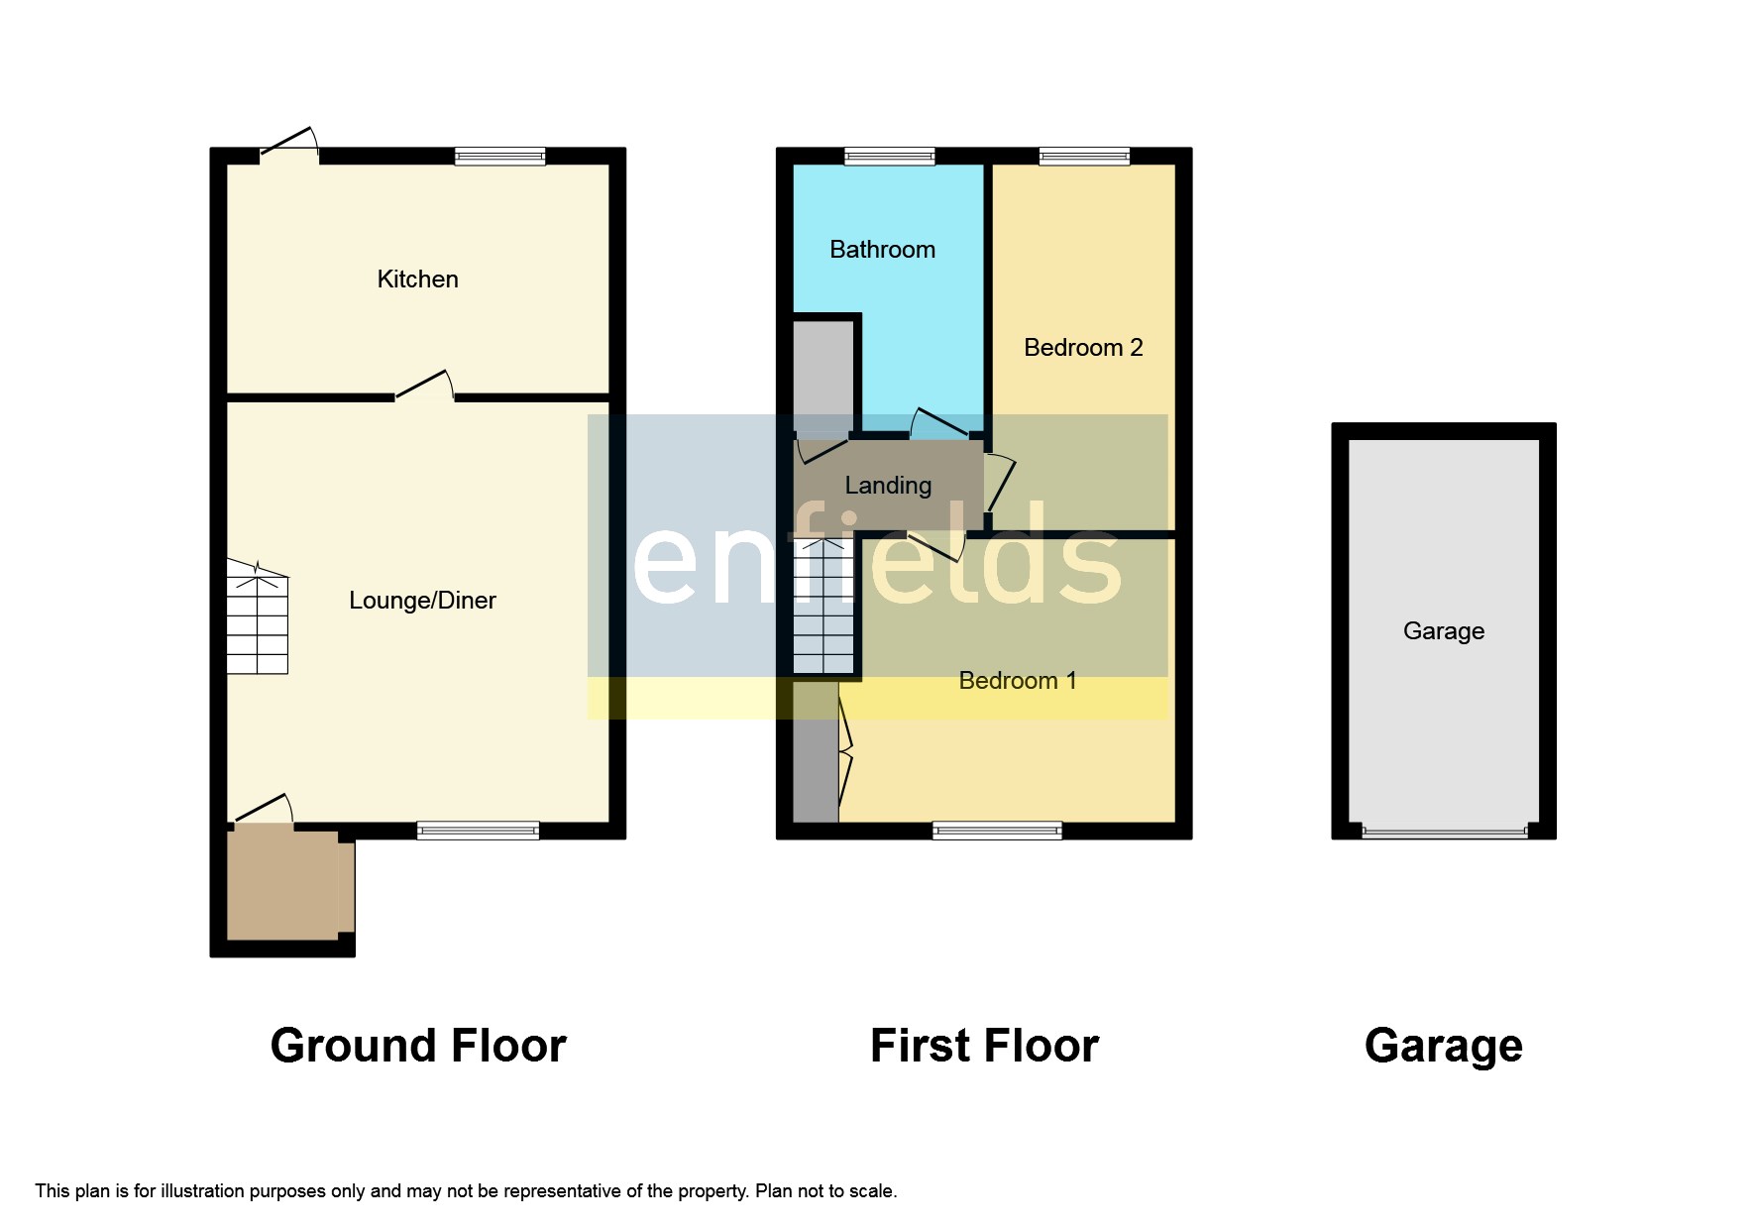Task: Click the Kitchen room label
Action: click(x=417, y=279)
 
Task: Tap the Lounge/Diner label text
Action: click(x=422, y=601)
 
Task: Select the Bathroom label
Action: click(x=882, y=250)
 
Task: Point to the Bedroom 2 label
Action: click(x=1083, y=348)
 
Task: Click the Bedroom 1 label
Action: click(x=1018, y=681)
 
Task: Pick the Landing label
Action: click(x=888, y=486)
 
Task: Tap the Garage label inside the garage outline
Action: click(x=1443, y=631)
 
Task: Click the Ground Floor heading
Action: click(x=418, y=1047)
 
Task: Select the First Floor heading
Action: click(x=984, y=1047)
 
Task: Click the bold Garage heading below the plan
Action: click(x=1443, y=1047)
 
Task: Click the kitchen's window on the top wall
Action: click(x=499, y=156)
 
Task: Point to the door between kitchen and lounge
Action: click(x=425, y=391)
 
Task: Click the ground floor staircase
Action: click(x=258, y=617)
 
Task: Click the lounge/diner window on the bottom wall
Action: click(x=478, y=831)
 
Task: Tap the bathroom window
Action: click(x=889, y=156)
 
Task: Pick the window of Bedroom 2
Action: click(x=1084, y=156)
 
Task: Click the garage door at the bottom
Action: click(x=1444, y=833)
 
